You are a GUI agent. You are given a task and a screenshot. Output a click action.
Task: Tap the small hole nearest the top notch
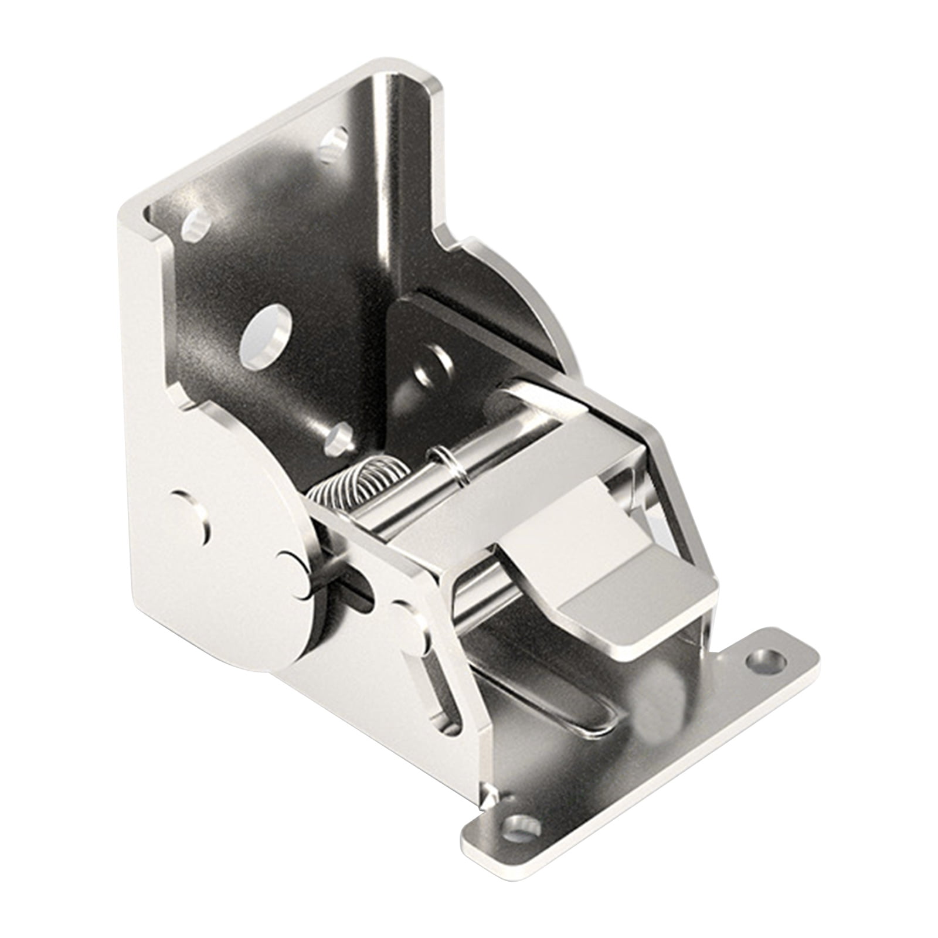[336, 141]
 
